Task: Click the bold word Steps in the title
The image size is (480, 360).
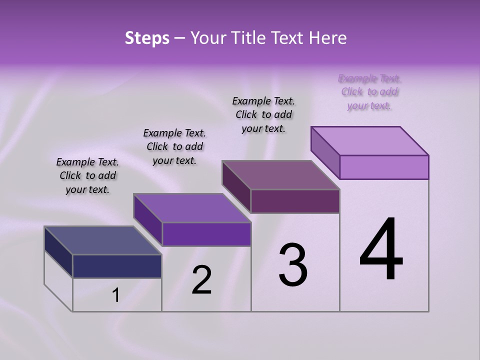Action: tap(147, 38)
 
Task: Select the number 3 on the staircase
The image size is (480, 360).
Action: tap(293, 265)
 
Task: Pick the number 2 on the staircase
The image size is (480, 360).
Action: tap(202, 280)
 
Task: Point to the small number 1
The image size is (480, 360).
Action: tap(115, 295)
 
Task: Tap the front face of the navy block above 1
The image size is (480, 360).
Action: tap(117, 266)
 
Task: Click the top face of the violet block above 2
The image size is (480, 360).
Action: tap(192, 207)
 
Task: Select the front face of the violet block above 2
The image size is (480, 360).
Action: tap(206, 234)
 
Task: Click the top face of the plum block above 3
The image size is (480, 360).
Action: tap(280, 174)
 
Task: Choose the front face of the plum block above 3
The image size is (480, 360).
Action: tap(295, 201)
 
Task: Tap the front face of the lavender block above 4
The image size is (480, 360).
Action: tap(384, 167)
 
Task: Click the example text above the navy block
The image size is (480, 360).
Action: tap(87, 175)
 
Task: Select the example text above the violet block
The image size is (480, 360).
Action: tap(174, 146)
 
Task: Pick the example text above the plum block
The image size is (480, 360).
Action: tap(263, 114)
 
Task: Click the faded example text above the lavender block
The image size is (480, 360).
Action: tap(370, 92)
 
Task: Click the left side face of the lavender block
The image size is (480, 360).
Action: tap(325, 152)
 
